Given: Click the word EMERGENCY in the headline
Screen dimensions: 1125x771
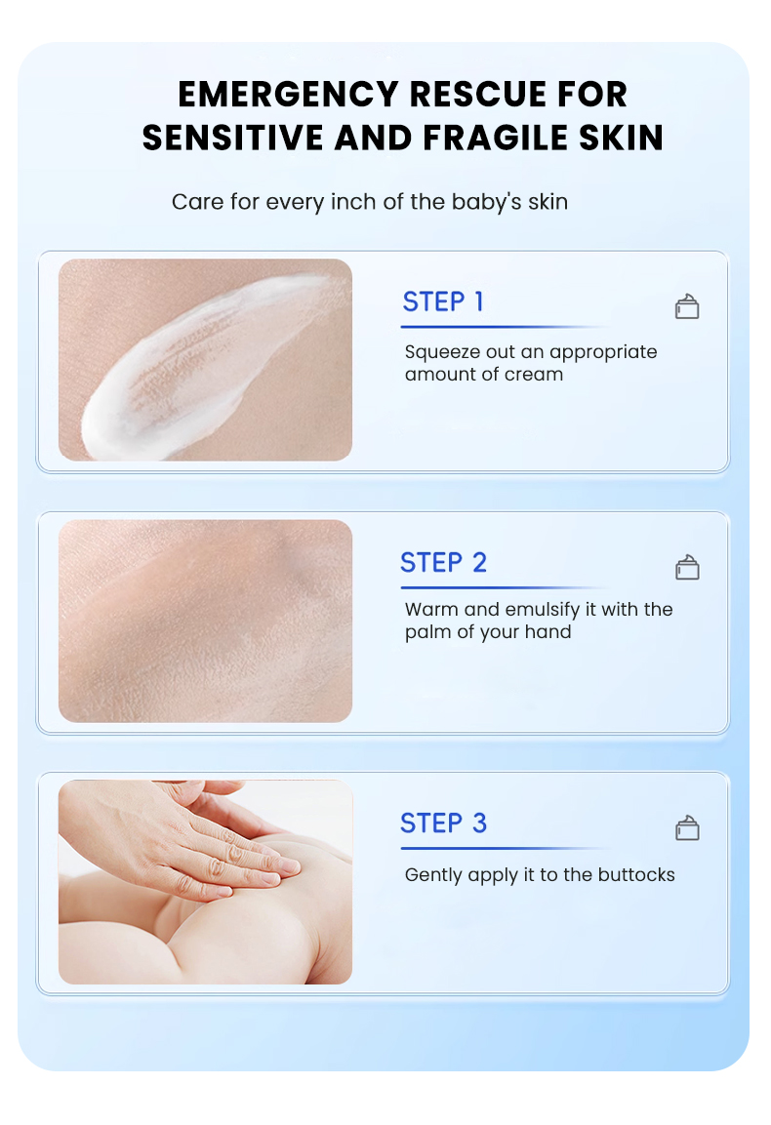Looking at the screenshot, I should point(288,95).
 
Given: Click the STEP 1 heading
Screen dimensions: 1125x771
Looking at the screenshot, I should point(443,302).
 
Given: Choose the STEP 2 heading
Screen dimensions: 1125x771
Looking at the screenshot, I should point(443,563).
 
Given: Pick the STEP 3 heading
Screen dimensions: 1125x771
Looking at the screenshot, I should point(443,824).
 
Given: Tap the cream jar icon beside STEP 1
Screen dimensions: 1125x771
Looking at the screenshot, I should point(687,307).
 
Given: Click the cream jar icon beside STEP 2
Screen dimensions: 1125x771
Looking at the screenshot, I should point(687,568).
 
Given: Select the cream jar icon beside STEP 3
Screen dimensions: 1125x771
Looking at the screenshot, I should point(687,828).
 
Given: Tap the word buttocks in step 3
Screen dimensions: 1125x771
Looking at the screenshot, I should point(635,875).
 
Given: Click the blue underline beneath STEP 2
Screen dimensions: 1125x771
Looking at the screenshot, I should point(488,587).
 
